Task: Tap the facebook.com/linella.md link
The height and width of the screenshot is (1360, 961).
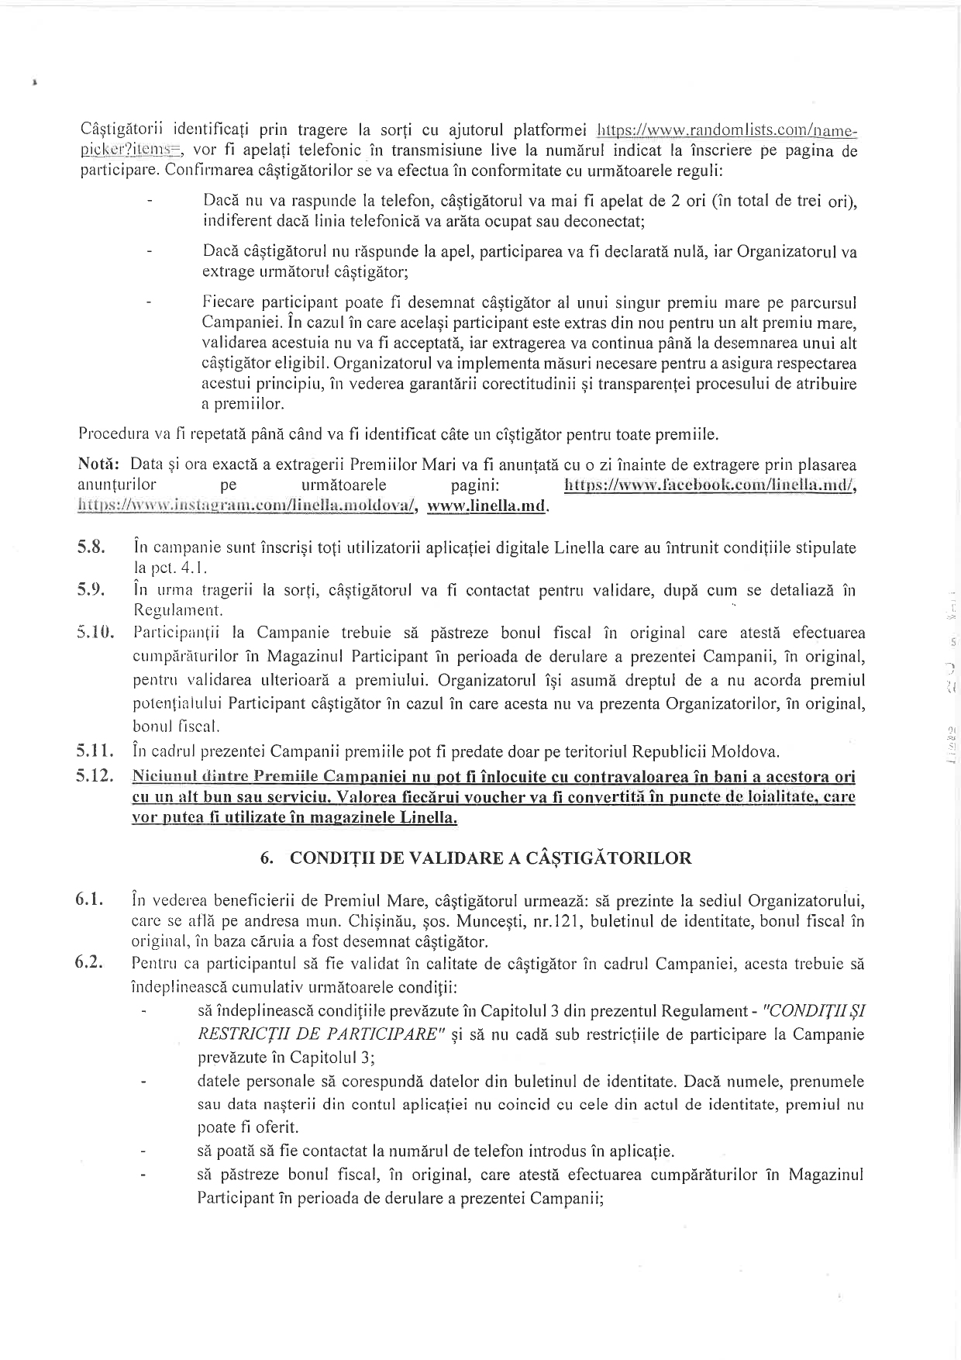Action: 710,485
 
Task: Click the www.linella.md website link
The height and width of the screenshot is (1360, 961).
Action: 488,506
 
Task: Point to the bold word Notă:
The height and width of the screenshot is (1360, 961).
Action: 98,465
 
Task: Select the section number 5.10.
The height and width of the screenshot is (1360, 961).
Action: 96,633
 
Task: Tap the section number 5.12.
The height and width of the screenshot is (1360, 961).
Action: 96,776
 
